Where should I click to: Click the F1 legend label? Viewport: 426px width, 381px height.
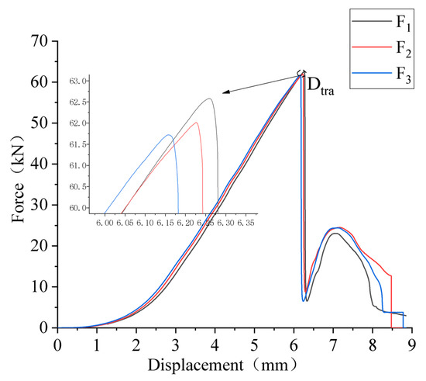pyautogui.click(x=399, y=21)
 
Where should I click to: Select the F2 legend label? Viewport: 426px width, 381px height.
pyautogui.click(x=399, y=49)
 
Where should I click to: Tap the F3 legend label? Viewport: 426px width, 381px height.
pyautogui.click(x=399, y=77)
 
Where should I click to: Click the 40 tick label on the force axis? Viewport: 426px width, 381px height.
pyautogui.click(x=40, y=164)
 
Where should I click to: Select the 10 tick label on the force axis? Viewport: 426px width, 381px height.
pyautogui.click(x=40, y=287)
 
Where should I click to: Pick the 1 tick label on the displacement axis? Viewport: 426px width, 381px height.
pyautogui.click(x=96, y=342)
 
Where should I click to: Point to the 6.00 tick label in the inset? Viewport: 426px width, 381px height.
pyautogui.click(x=105, y=222)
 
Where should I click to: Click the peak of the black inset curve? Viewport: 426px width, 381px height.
pyautogui.click(x=209, y=99)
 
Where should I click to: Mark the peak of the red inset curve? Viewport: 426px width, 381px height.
pyautogui.click(x=196, y=123)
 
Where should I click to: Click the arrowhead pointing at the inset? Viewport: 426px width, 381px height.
pyautogui.click(x=225, y=92)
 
